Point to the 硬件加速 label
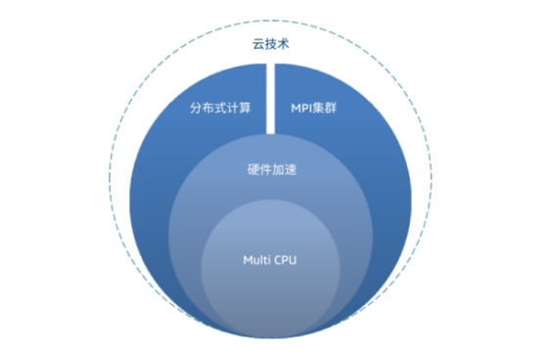coord(271,169)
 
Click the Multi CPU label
coord(271,260)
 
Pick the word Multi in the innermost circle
coord(256,260)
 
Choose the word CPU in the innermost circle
coord(288,260)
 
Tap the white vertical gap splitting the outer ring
coord(271,98)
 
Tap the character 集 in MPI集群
coord(328,106)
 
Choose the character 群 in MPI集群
coord(340,106)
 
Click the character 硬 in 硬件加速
coord(253,169)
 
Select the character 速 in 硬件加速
coord(290,169)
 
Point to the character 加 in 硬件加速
coord(278,169)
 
